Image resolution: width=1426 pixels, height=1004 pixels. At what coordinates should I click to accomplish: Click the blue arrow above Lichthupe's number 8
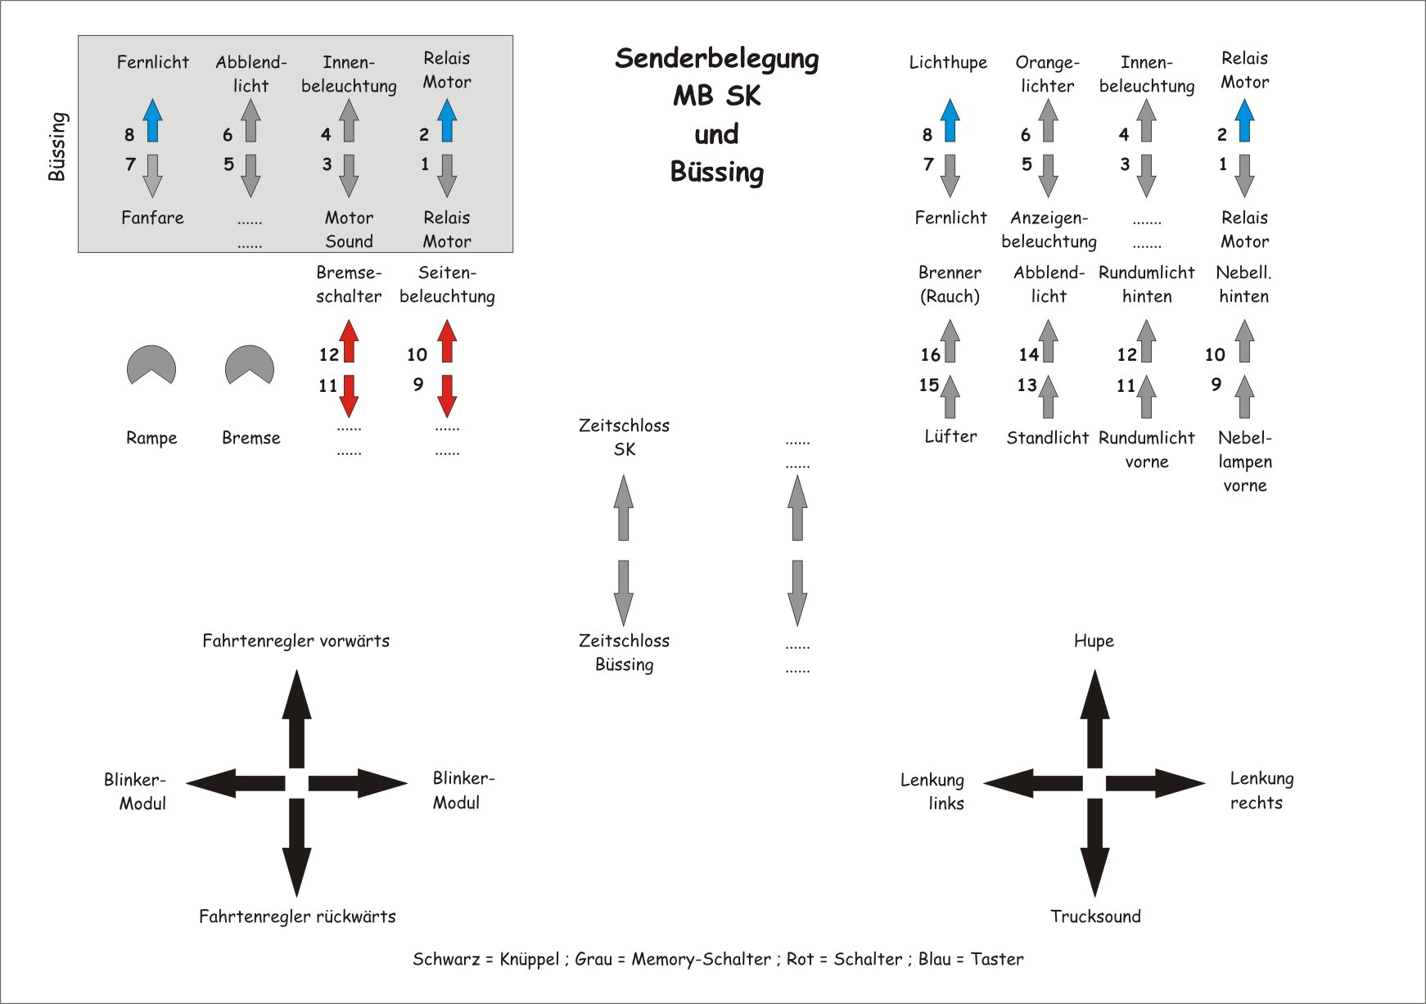tap(950, 120)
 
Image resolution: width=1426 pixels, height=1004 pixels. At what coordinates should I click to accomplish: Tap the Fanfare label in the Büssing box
tap(152, 218)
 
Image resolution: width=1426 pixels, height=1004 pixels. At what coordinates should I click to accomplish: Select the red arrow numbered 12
tap(349, 341)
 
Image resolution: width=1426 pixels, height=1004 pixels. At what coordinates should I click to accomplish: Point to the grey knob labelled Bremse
tap(250, 364)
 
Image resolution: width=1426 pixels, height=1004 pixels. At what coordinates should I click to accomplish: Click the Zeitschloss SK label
tap(624, 437)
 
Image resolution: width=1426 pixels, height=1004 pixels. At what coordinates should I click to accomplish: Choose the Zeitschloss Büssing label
tap(624, 652)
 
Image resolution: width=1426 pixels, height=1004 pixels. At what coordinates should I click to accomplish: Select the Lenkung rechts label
tap(1261, 790)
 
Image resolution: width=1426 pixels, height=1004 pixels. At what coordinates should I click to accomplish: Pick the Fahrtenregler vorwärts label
tap(296, 641)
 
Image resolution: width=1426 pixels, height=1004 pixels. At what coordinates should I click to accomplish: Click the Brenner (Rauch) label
tap(950, 285)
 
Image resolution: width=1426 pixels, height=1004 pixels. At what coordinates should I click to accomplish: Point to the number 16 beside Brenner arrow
tap(930, 355)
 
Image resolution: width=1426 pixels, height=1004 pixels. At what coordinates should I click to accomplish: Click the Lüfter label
tap(950, 437)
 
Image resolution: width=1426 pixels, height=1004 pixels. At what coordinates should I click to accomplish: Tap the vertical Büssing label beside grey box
tap(56, 146)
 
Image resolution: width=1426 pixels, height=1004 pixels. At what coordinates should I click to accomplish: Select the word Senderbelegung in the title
tap(716, 58)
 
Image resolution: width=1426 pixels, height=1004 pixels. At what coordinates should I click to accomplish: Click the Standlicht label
tap(1047, 438)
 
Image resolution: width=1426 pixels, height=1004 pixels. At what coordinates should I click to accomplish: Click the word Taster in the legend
tap(996, 959)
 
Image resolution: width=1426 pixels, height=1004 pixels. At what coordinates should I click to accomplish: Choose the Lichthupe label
tap(948, 62)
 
